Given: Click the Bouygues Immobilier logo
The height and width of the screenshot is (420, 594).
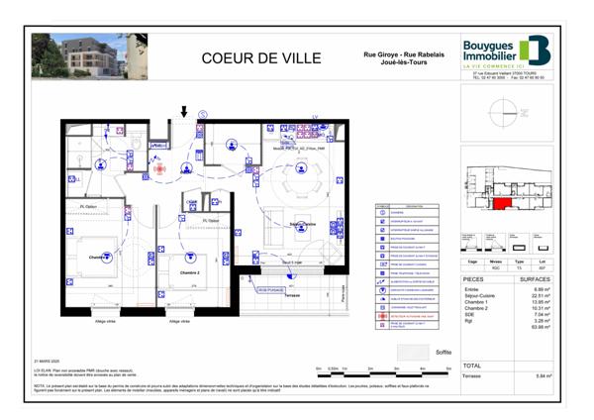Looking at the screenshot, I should [x=505, y=51].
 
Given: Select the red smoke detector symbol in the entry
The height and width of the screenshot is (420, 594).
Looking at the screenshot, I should [x=158, y=169].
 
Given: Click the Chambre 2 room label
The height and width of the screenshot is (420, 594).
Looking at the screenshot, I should [x=189, y=272].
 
